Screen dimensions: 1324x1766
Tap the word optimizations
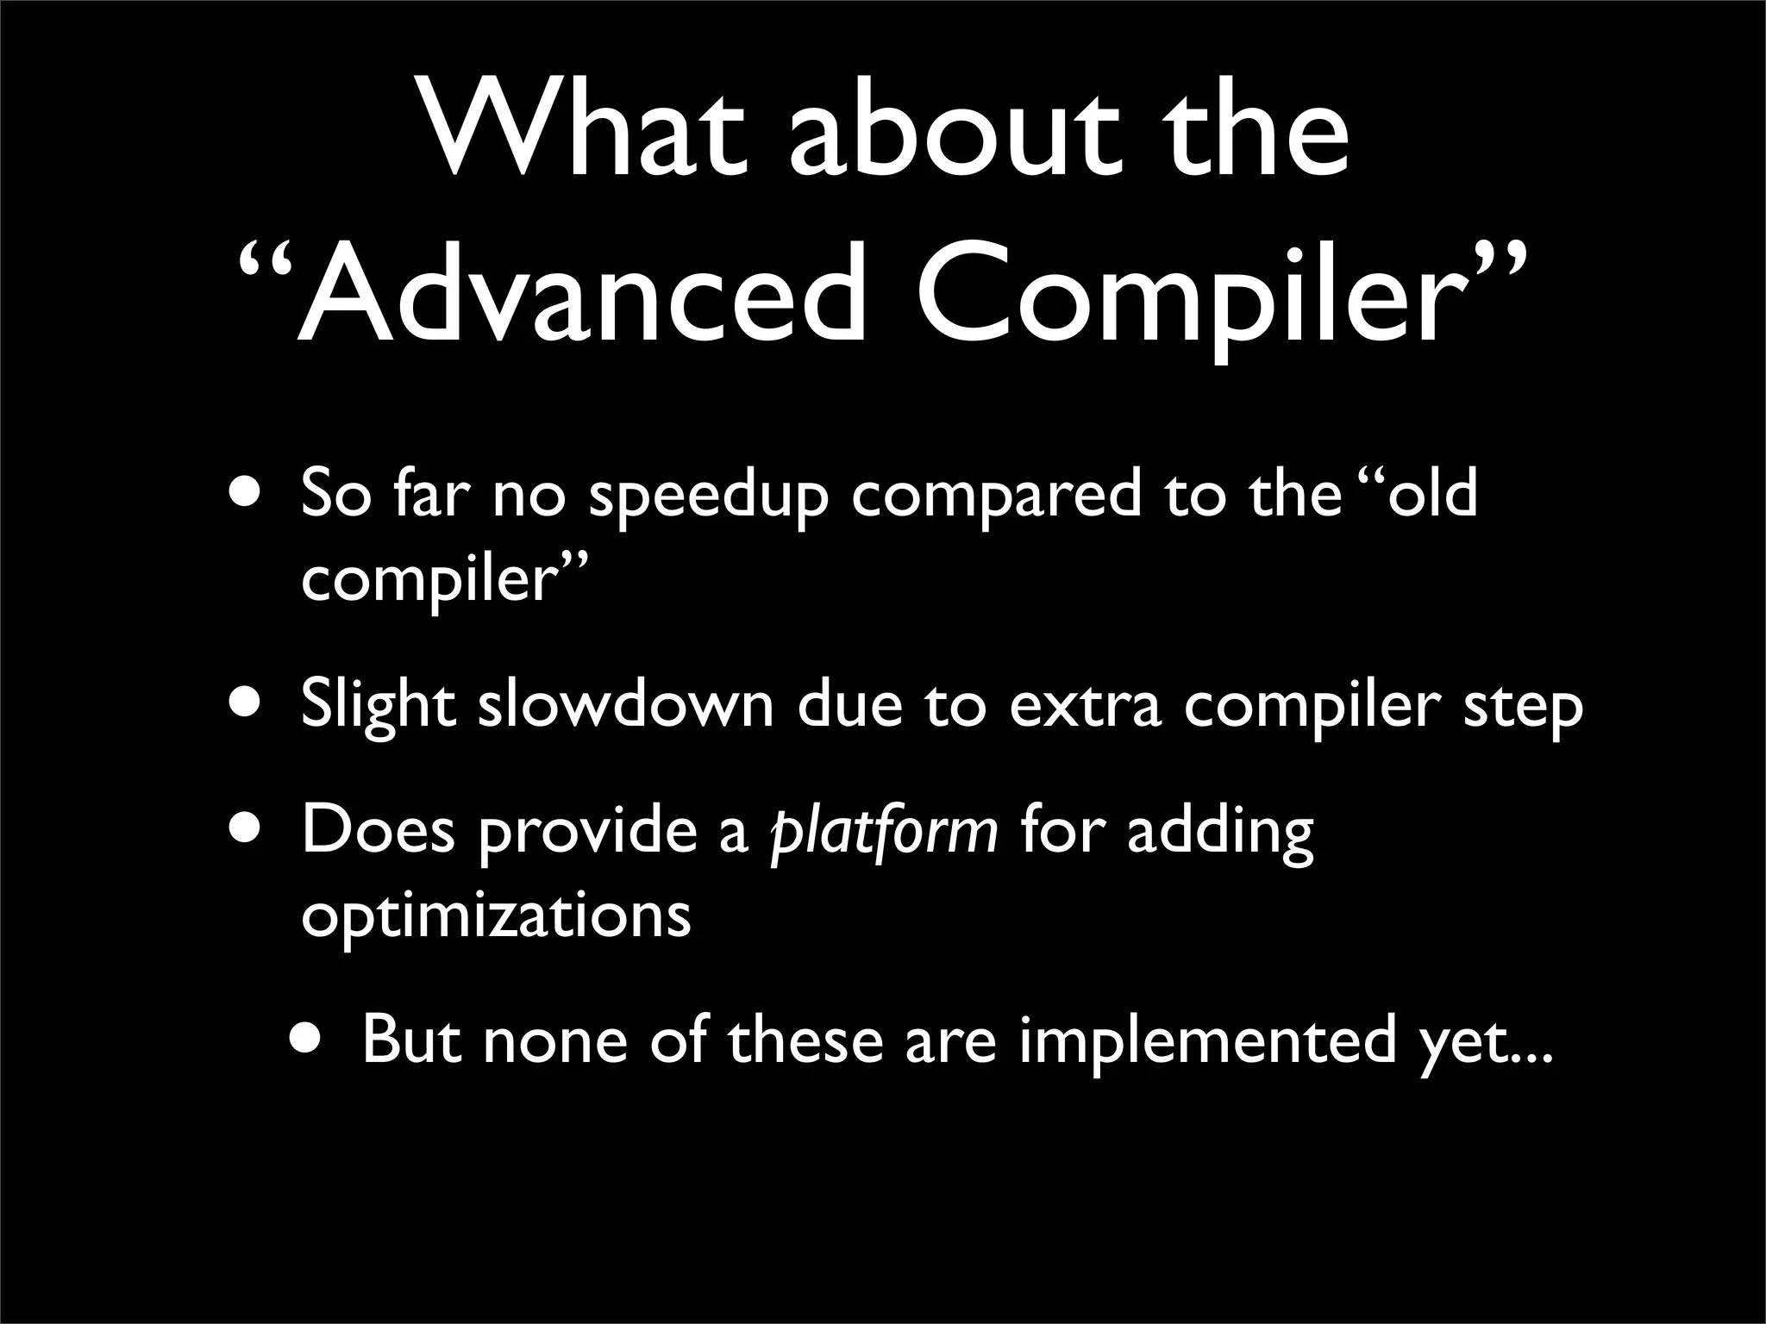pos(496,916)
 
